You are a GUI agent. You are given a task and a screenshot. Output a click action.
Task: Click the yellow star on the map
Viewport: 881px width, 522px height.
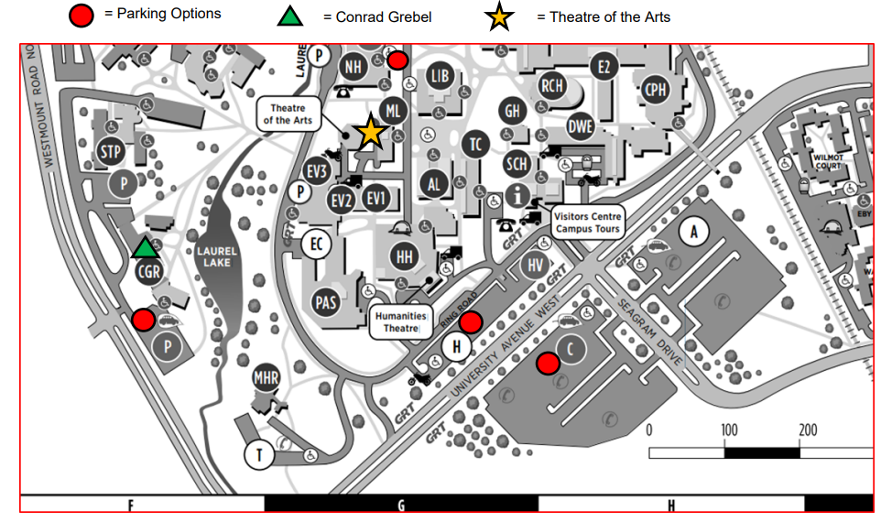[x=370, y=132]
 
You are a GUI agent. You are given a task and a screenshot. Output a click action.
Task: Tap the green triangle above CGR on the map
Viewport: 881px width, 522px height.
[x=145, y=247]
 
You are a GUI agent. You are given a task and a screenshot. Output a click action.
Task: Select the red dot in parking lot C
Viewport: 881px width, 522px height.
[x=548, y=364]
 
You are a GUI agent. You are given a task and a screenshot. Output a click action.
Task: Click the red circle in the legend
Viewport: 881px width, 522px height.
[x=82, y=16]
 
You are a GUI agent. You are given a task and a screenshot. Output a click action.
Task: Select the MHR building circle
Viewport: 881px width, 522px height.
[x=266, y=377]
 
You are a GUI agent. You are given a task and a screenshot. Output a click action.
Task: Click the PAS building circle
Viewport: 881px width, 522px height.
[x=326, y=301]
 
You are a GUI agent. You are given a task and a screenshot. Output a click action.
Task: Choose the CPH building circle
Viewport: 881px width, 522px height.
[x=656, y=89]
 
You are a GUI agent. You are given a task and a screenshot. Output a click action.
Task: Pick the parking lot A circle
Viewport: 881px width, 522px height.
[x=693, y=233]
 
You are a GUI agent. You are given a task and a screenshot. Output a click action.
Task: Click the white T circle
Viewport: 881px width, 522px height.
[x=259, y=455]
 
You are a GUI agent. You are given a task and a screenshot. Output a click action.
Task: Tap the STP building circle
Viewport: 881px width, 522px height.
[x=110, y=151]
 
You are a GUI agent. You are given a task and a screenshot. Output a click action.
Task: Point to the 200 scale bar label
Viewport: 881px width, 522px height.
[x=808, y=430]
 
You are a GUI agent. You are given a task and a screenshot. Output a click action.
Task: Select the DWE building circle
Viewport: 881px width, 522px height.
[x=580, y=126]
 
